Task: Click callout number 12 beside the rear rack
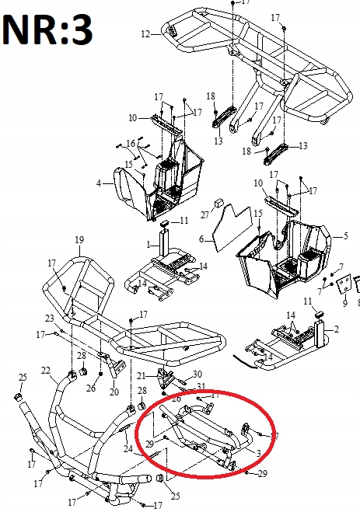point(145,34)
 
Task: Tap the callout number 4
point(99,183)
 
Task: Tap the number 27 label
point(205,213)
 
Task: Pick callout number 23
point(49,319)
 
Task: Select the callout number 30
point(197,374)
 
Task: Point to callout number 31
point(200,387)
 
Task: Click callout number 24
point(126,448)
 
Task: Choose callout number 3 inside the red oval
point(258,453)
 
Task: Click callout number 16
point(131,143)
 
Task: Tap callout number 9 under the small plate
point(344,304)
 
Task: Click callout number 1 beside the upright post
point(149,244)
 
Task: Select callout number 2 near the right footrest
point(336,329)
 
